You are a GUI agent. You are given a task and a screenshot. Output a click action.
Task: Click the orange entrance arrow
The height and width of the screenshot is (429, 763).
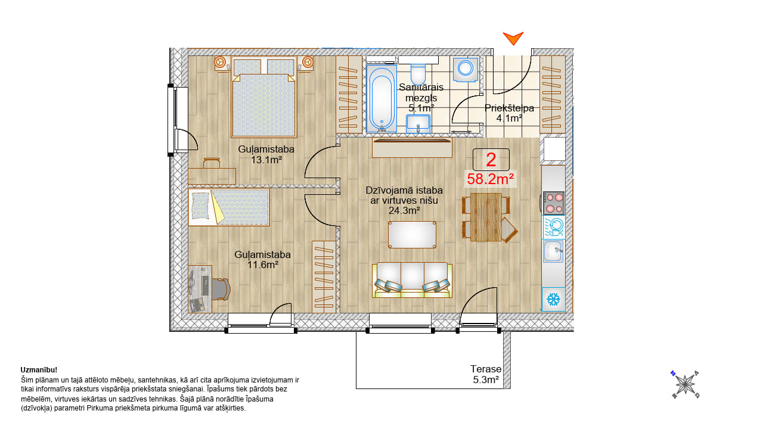(x=513, y=38)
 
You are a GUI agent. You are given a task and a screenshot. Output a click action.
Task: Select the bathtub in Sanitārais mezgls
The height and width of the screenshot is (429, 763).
(x=381, y=99)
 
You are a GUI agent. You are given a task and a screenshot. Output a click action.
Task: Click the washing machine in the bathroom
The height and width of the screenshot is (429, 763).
(x=466, y=70)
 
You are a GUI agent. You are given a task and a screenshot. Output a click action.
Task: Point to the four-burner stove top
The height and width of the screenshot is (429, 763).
(x=554, y=203)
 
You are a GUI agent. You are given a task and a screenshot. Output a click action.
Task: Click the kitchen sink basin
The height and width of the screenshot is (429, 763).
(x=553, y=251)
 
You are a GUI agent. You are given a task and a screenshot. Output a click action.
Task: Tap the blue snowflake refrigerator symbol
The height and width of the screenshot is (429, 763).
(x=554, y=300)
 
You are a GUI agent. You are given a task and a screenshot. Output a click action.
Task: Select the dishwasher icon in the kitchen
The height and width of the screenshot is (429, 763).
(x=554, y=227)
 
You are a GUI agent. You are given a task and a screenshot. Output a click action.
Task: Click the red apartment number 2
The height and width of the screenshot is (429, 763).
(x=491, y=160)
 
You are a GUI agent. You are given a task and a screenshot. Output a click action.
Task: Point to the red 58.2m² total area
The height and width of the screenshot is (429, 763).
(x=490, y=179)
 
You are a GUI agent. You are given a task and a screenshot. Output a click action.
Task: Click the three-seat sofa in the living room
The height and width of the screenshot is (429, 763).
(x=412, y=280)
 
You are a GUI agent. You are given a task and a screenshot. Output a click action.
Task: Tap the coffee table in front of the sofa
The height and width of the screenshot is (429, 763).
(x=412, y=235)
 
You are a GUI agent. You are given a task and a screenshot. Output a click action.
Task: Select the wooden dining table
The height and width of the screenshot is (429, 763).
(x=486, y=217)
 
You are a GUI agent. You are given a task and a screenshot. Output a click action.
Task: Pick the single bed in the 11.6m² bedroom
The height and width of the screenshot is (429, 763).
(x=229, y=207)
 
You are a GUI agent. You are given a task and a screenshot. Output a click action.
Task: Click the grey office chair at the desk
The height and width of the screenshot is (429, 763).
(x=221, y=290)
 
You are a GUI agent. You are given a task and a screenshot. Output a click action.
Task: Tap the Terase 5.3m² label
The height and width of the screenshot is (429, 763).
(x=486, y=374)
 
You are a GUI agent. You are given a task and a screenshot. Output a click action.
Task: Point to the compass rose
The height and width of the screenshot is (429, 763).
(x=686, y=384)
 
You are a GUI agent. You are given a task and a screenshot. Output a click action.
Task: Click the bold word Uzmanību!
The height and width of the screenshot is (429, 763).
(x=39, y=370)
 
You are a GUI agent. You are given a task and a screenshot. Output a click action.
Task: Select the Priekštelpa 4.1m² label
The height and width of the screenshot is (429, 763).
(x=509, y=113)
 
